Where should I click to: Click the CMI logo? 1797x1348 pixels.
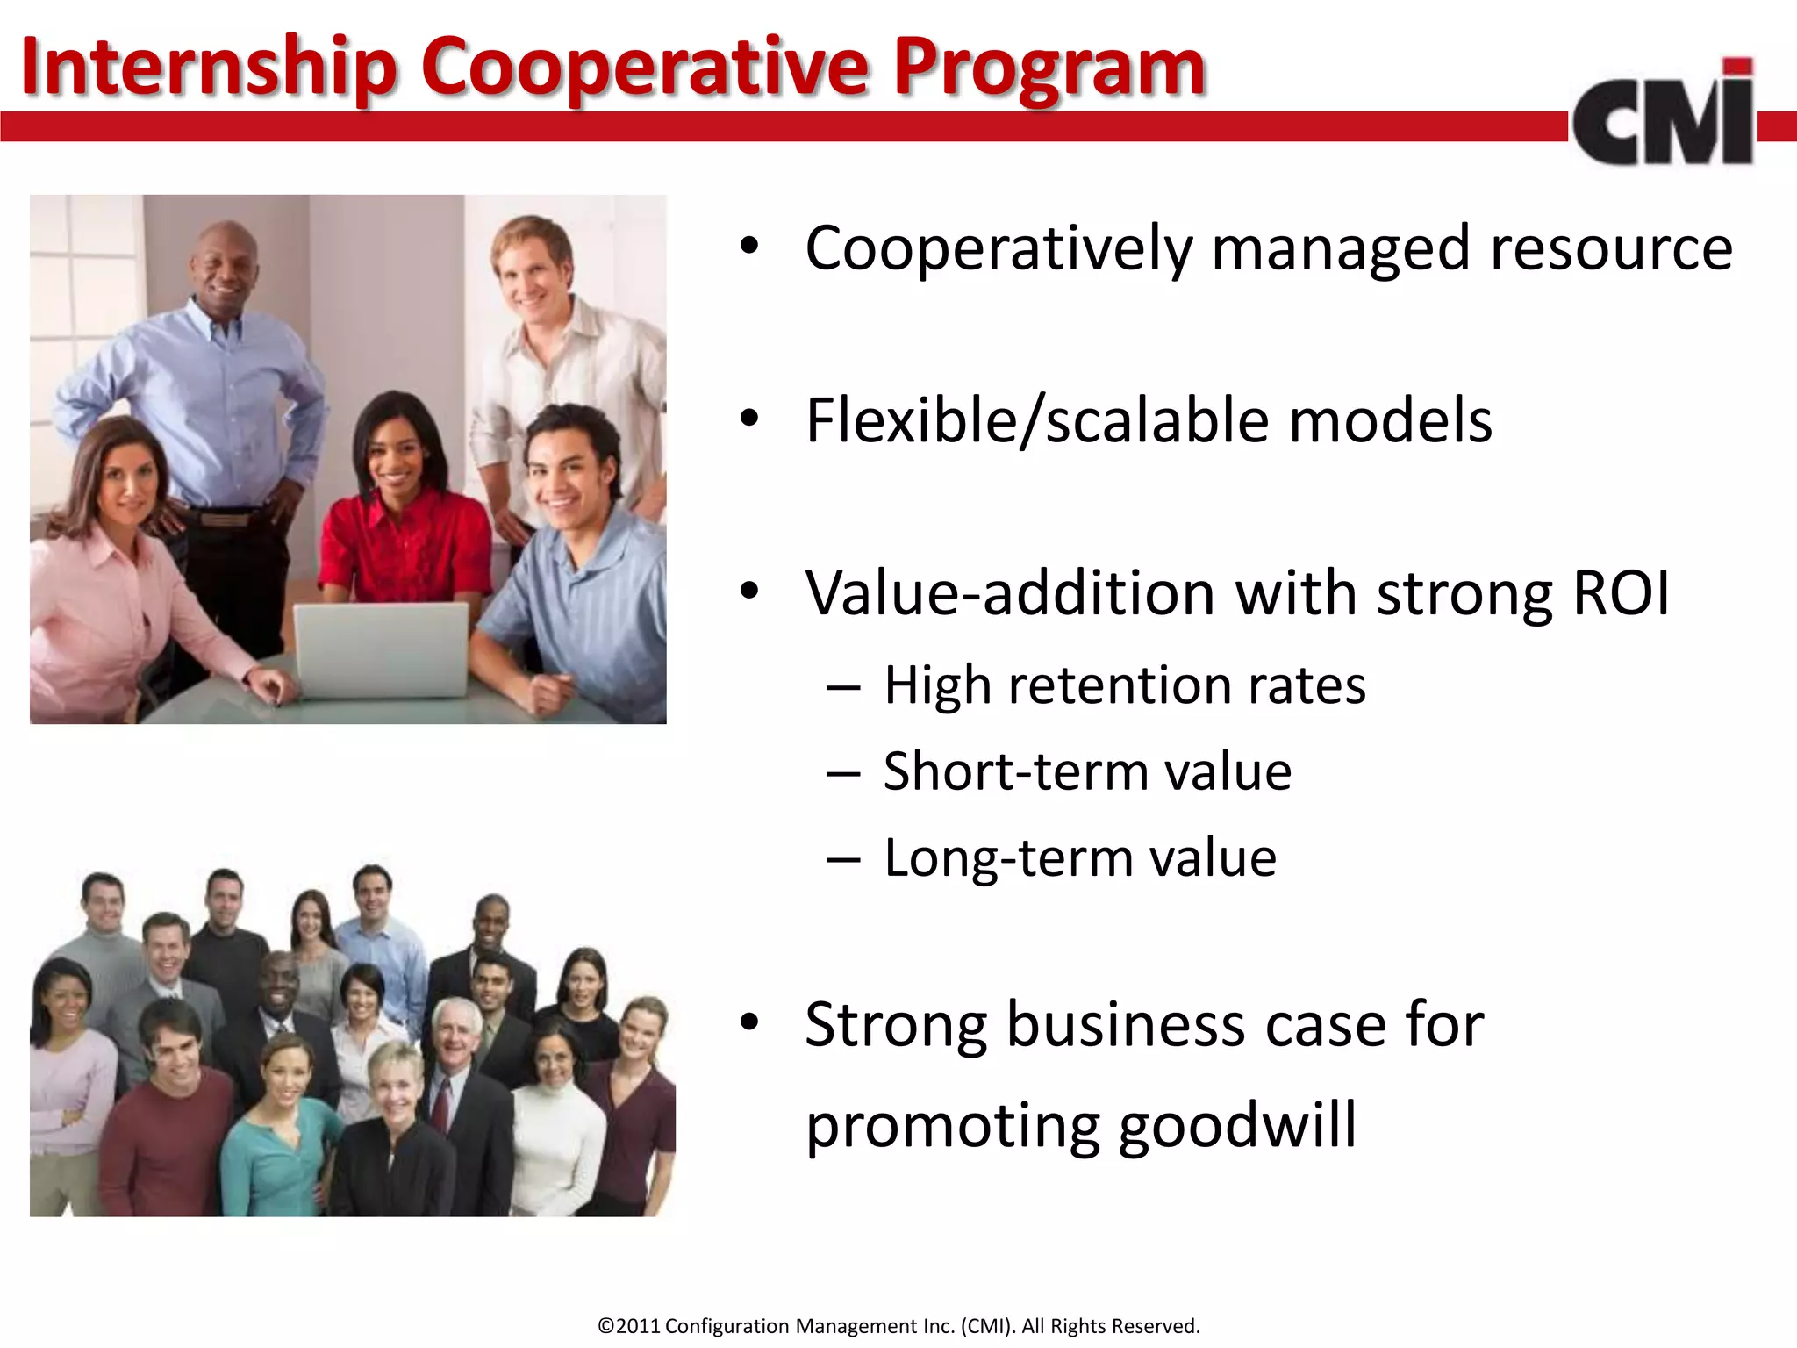1663,114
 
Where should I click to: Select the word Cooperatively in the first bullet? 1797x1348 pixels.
999,249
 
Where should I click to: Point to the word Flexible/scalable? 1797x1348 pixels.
1036,421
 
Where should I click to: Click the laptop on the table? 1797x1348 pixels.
382,649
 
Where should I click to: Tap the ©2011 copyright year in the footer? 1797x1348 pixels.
628,1326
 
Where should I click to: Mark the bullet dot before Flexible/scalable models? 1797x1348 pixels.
748,420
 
